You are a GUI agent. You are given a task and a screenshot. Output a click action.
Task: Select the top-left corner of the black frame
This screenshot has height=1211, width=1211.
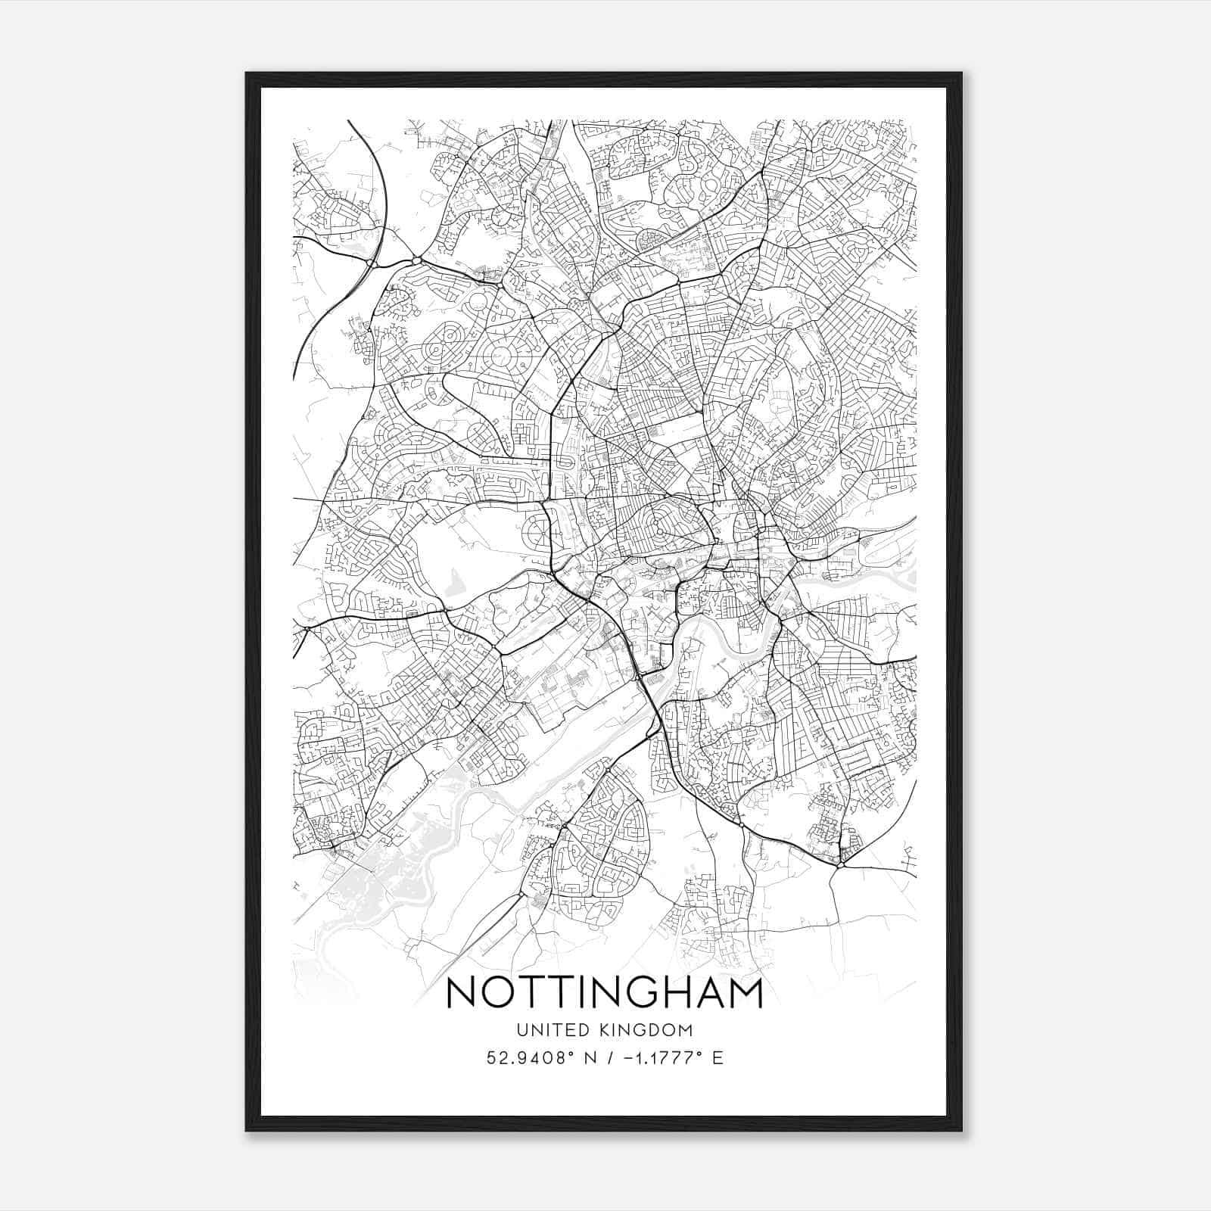[247, 74]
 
